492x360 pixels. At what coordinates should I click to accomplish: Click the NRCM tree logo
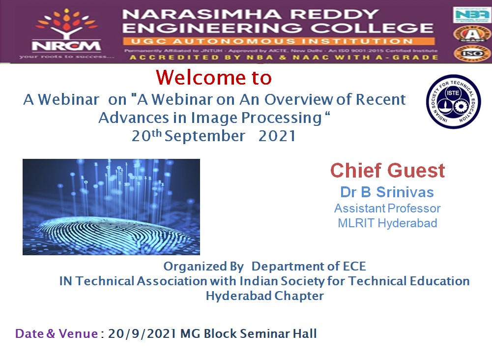tap(66, 30)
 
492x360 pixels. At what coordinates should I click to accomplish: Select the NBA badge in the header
tap(466, 15)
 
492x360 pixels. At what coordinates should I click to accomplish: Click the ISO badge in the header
tap(466, 52)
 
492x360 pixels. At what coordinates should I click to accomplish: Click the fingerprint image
tap(111, 207)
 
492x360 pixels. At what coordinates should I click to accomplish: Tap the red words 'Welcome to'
tap(214, 78)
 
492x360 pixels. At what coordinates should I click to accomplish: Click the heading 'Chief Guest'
tap(387, 171)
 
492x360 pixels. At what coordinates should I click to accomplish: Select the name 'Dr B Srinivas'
tap(387, 192)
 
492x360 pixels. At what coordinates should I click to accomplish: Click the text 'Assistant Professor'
tap(387, 209)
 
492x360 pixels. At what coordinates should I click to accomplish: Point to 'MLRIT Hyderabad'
tap(387, 223)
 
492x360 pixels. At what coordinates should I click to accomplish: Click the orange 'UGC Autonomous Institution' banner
tap(278, 41)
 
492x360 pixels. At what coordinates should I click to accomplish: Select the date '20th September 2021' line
tap(214, 136)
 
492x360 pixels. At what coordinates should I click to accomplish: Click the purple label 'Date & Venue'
tap(57, 334)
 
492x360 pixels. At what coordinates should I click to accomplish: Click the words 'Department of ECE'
tap(309, 267)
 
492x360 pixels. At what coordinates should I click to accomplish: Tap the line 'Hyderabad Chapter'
tap(265, 296)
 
